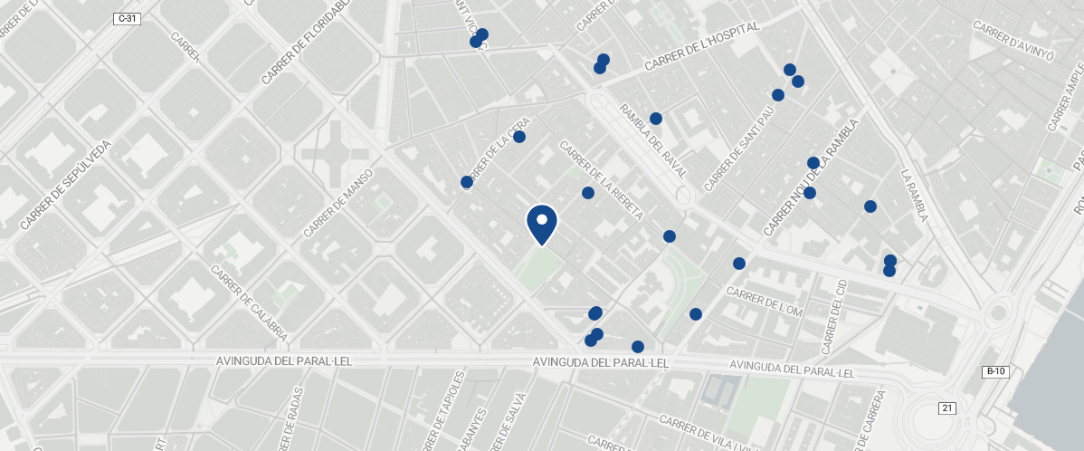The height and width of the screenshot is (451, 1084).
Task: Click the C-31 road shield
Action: point(128,18)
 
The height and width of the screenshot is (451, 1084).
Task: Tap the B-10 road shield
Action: point(995,372)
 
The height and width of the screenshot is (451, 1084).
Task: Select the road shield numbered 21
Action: point(947,408)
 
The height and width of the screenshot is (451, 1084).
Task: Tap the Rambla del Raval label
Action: point(652,140)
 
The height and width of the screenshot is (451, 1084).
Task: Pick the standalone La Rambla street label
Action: point(914,195)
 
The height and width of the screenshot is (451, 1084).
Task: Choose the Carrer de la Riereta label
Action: point(602,181)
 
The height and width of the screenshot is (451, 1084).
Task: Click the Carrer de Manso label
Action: point(339,204)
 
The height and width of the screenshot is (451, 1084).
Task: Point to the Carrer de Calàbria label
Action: point(249,302)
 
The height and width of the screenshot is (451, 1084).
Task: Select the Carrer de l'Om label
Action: point(765,302)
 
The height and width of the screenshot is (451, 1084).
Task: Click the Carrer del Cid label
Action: point(834,317)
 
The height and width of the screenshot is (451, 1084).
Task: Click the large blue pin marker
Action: point(541,224)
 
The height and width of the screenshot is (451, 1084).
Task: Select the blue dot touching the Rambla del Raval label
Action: point(656,119)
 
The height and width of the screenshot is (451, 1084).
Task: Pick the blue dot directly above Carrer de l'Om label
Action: point(739,264)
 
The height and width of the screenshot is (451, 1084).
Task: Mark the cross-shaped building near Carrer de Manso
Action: point(336,151)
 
